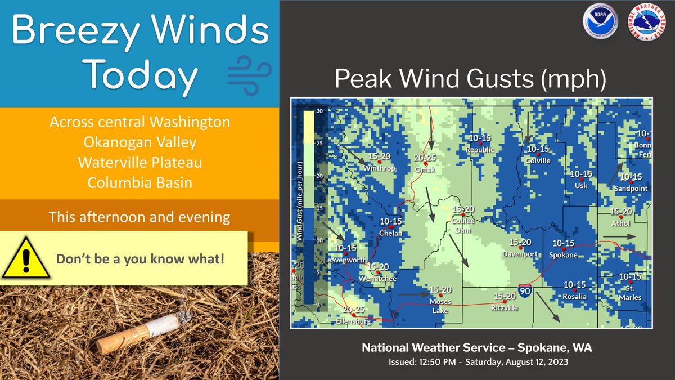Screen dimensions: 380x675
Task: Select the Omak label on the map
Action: point(425,169)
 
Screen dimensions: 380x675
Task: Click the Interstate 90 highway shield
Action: point(524,291)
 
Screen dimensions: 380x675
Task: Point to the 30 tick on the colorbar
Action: point(319,111)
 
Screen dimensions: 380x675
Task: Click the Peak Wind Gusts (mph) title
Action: point(470,79)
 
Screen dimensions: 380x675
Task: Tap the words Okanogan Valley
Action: point(139,142)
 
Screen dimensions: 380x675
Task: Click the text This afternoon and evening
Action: point(139,216)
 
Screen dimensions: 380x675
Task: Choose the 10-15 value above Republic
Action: point(480,138)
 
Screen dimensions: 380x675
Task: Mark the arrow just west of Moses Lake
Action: point(412,294)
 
